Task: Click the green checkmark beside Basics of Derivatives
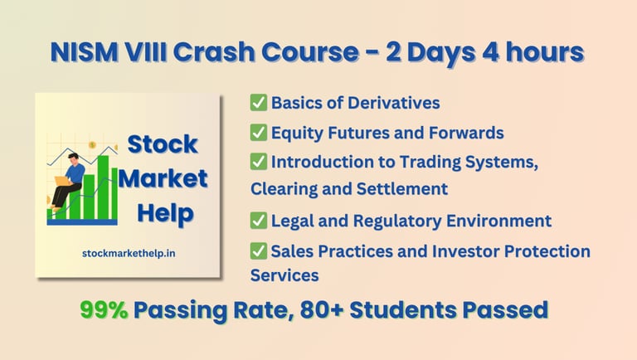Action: pos(259,103)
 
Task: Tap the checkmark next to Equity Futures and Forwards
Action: pos(259,133)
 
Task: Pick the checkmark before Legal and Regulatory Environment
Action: pos(259,221)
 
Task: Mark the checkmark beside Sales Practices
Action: pos(259,251)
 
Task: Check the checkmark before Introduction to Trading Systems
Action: pos(259,163)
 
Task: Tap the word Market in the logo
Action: pos(163,178)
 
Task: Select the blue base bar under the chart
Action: pos(81,221)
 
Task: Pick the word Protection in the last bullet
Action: pos(544,251)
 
